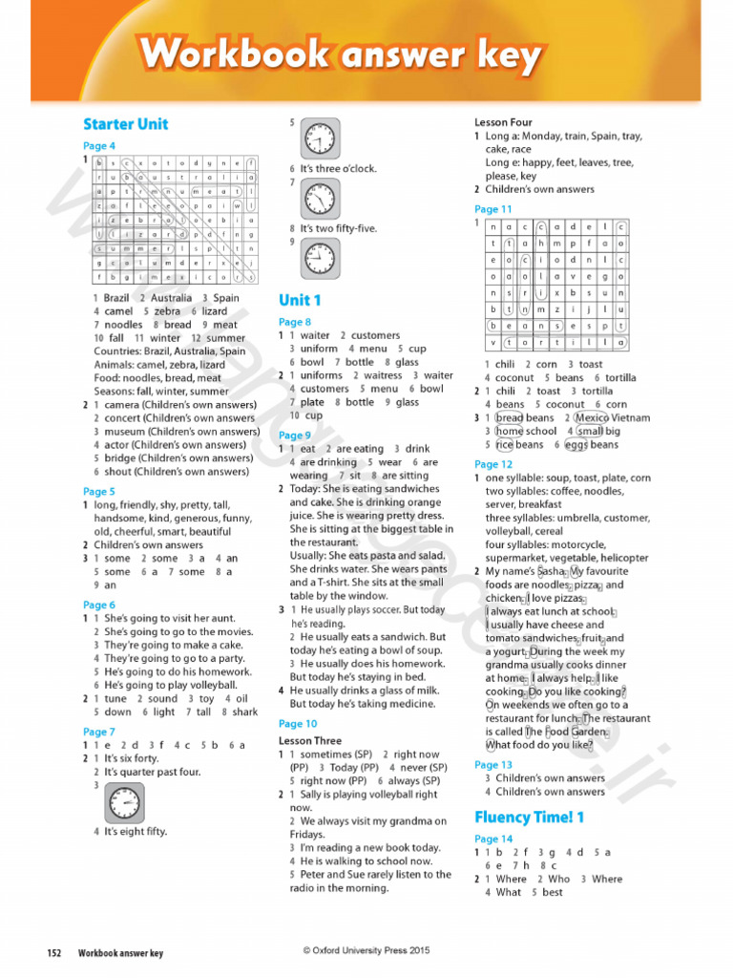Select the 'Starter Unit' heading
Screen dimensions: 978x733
[125, 124]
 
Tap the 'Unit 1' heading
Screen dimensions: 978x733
[300, 300]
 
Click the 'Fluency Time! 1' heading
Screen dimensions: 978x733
[529, 817]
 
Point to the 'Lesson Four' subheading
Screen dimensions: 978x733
[503, 122]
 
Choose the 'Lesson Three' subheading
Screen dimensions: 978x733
[309, 740]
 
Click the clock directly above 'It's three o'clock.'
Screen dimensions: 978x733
[320, 139]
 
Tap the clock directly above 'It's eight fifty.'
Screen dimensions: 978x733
[124, 804]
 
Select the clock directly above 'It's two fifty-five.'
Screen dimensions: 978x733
[320, 200]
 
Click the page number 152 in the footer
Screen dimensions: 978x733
[55, 953]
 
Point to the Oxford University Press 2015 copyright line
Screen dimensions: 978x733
[366, 949]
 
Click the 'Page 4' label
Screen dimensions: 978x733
[99, 146]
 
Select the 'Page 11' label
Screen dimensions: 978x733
[493, 209]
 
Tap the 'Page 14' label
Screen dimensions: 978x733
[493, 839]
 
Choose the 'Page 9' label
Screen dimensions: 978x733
[295, 436]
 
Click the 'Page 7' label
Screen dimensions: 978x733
[99, 732]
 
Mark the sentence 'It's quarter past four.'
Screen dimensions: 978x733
[153, 772]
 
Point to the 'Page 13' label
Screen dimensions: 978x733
[493, 764]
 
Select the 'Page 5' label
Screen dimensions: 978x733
[99, 492]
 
